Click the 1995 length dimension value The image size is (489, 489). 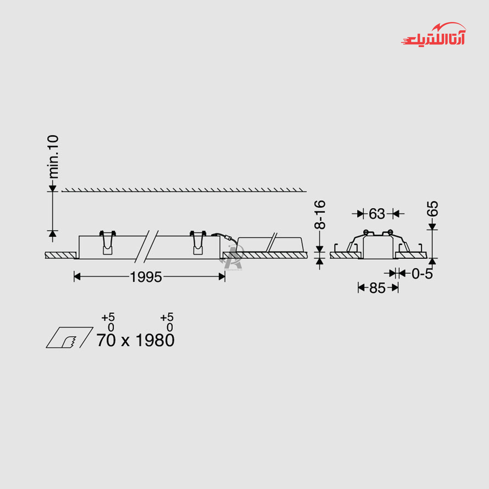[146, 277]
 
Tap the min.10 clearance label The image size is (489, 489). [53, 157]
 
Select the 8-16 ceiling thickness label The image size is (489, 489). [320, 215]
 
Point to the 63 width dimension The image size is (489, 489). [377, 214]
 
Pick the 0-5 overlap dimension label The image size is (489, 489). [422, 274]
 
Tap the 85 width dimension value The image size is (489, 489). [377, 288]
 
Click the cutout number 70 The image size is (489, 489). [106, 340]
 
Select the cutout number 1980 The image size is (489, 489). [155, 340]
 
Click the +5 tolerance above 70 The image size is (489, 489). [108, 318]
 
